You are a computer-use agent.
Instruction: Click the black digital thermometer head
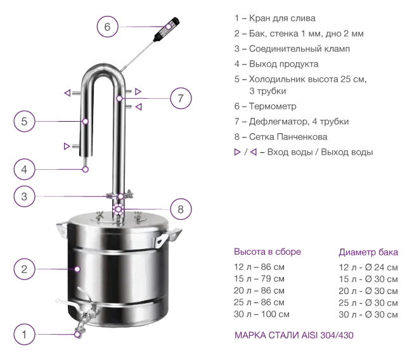click(x=167, y=29)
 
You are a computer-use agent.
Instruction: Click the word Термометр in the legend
click(x=273, y=106)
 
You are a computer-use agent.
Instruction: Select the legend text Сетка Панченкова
click(x=288, y=137)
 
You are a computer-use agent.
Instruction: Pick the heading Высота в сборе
click(x=267, y=252)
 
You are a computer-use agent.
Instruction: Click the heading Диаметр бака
click(x=368, y=252)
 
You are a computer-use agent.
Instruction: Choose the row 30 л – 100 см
click(x=261, y=314)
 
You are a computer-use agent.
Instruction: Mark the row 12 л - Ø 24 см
click(x=368, y=267)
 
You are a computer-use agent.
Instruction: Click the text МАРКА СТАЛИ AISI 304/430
click(x=293, y=335)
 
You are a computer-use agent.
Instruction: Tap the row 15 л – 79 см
click(x=259, y=278)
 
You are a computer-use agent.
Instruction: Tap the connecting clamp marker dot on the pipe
click(x=120, y=196)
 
